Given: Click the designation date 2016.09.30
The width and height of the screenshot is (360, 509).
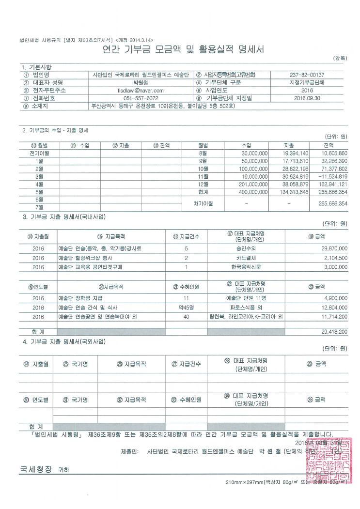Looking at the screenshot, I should pos(307,98).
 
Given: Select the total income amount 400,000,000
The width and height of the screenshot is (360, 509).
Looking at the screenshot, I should pos(251,192).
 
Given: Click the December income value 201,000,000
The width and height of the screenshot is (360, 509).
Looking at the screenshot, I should pos(251,184).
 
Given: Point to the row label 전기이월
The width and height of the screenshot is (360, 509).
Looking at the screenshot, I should pos(39,153).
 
